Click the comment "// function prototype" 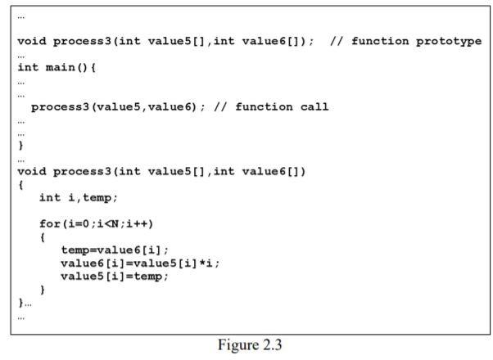pyautogui.click(x=405, y=41)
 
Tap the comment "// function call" pyautogui.click(x=270, y=106)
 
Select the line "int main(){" pyautogui.click(x=57, y=67)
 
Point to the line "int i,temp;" pyautogui.click(x=79, y=197)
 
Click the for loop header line pyautogui.click(x=97, y=223)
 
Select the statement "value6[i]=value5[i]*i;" pyautogui.click(x=140, y=263)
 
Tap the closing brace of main pyautogui.click(x=20, y=145)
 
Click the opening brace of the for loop pyautogui.click(x=42, y=236)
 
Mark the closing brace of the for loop pyautogui.click(x=42, y=289)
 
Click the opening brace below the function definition pyautogui.click(x=20, y=184)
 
